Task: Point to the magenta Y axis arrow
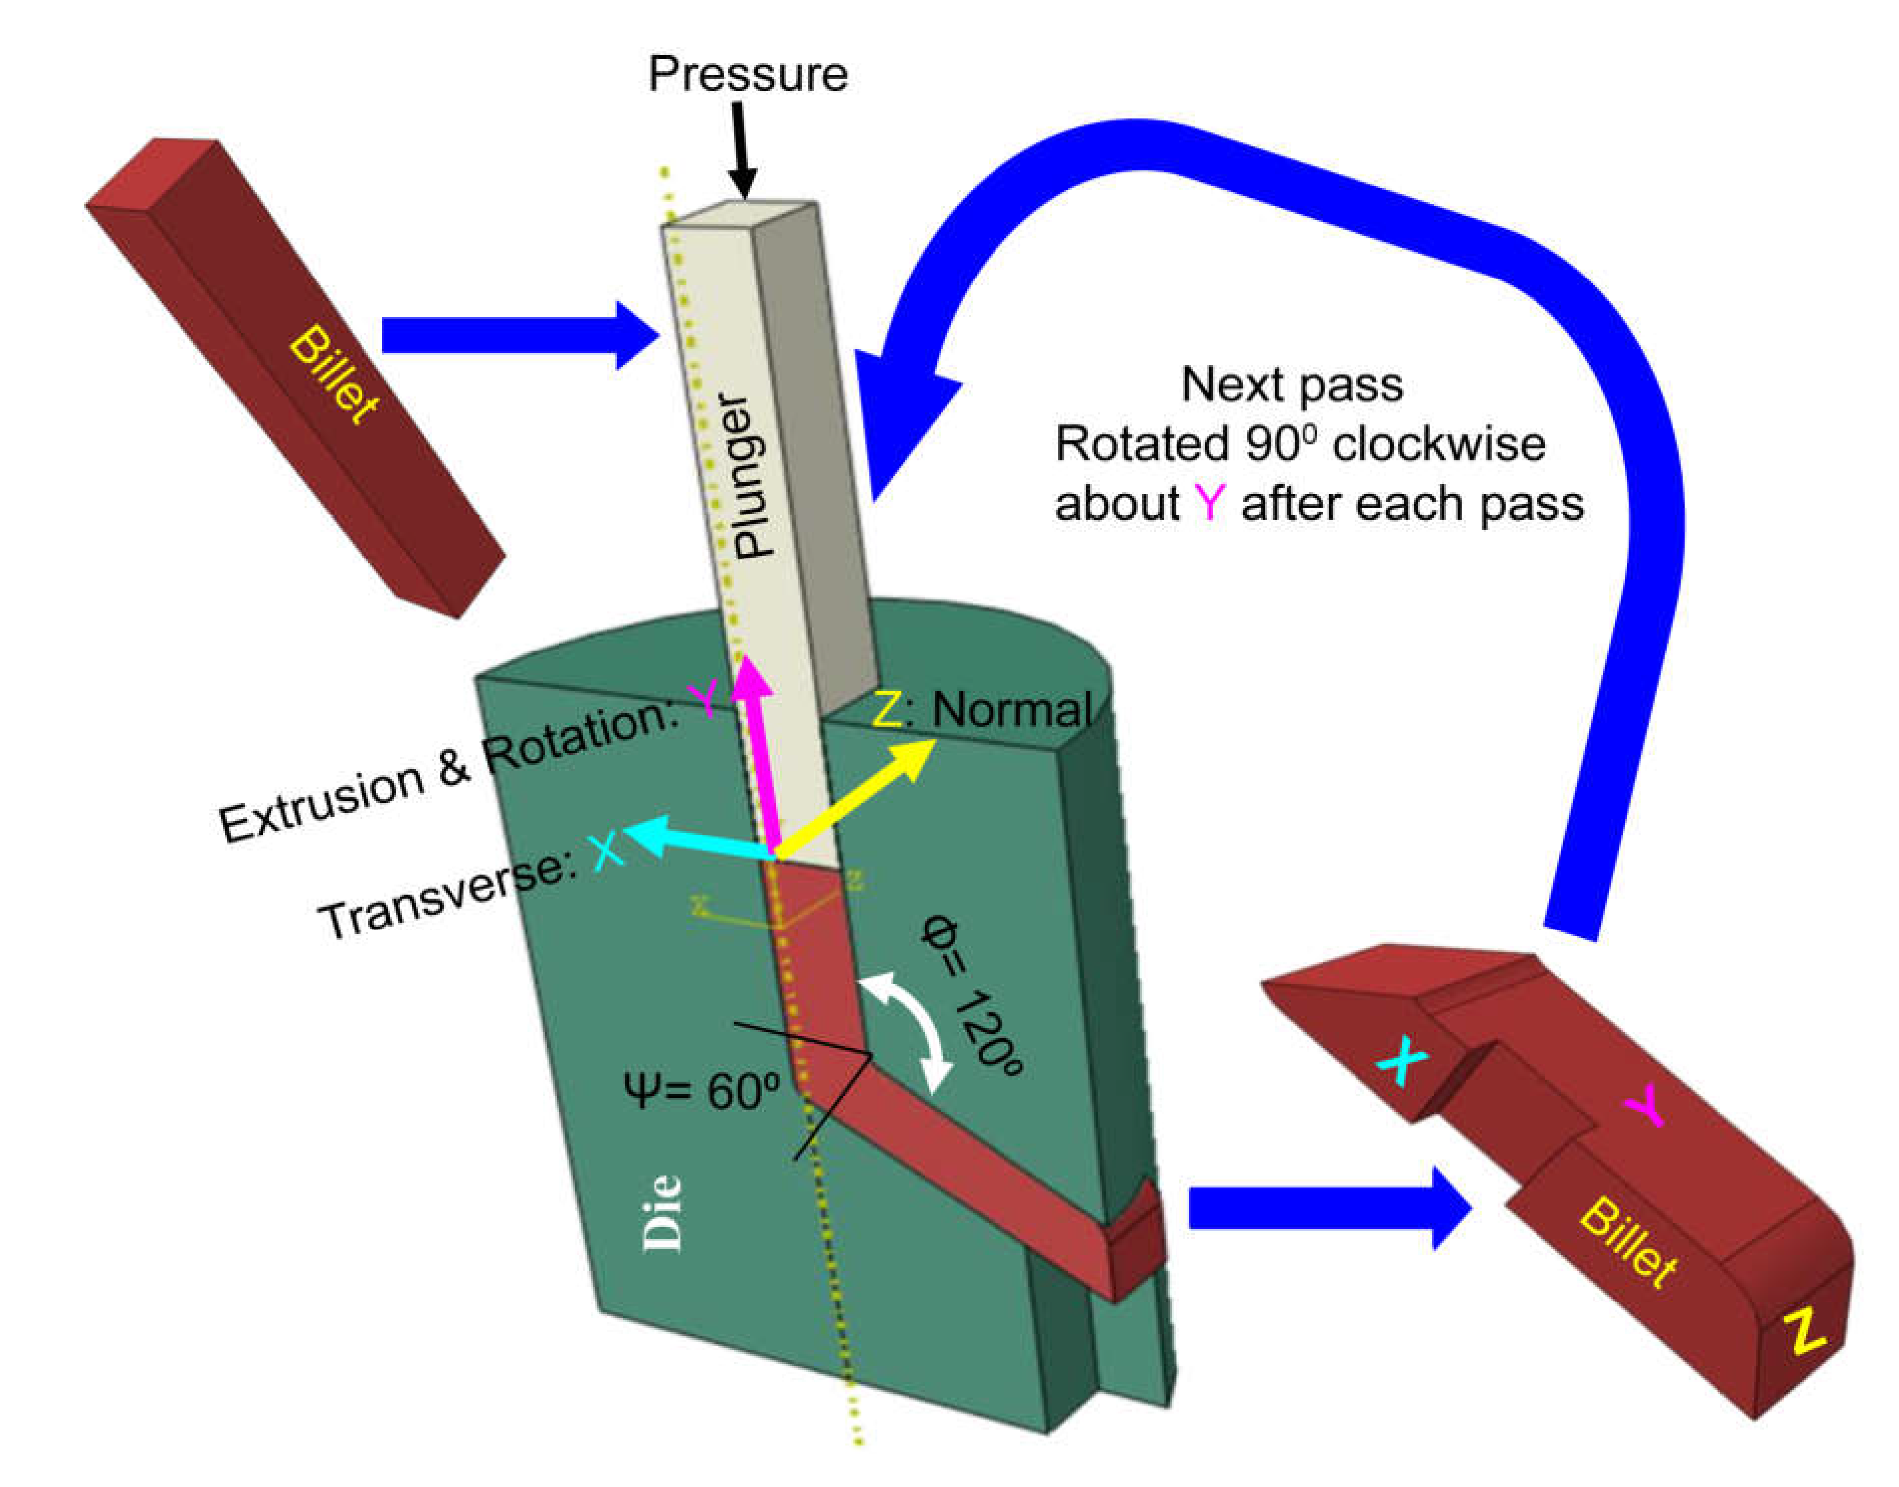pyautogui.click(x=761, y=757)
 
